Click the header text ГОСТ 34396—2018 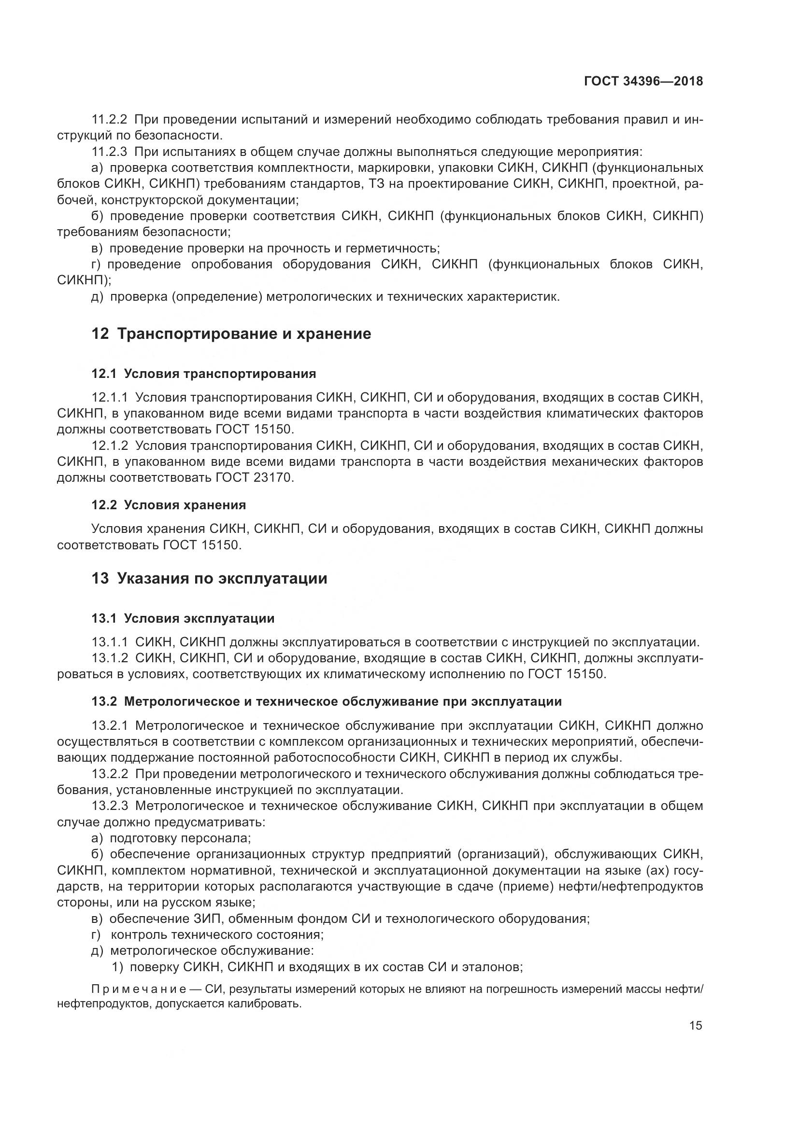643,81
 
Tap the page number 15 696,1026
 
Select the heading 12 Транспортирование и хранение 231,334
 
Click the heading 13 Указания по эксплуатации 209,578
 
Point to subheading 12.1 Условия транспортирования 204,374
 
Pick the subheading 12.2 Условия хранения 168,505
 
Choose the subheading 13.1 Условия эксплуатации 183,618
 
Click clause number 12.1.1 110,397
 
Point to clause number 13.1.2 110,658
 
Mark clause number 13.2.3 110,806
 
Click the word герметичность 392,248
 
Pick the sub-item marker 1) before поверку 117,967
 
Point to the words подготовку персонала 181,838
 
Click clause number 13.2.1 110,726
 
